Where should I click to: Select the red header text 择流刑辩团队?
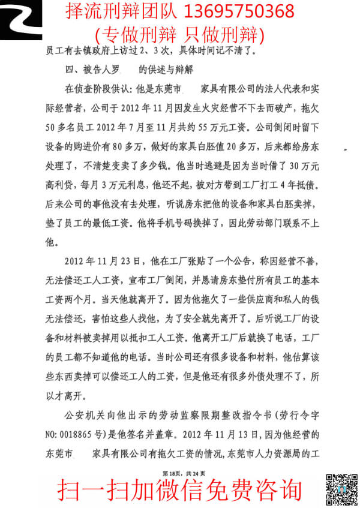pos(115,11)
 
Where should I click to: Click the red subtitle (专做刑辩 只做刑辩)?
pos(179,32)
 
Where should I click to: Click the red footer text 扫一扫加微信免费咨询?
pos(179,491)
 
